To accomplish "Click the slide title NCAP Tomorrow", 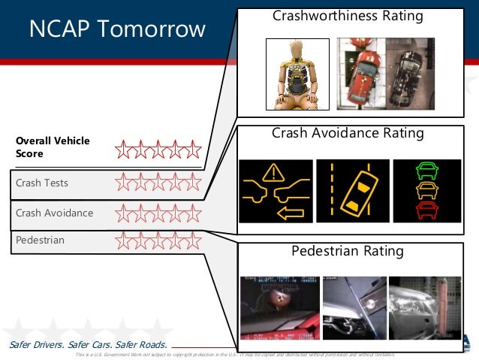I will click(116, 29).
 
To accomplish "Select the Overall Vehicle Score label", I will click(53, 147).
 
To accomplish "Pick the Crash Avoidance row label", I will click(55, 213).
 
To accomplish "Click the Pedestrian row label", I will click(40, 241).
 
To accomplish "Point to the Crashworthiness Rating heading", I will click(348, 16).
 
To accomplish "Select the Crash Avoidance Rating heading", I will click(348, 134).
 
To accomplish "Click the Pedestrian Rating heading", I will click(348, 251).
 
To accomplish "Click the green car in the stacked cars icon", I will click(426, 171).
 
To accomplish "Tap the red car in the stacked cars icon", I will click(426, 207).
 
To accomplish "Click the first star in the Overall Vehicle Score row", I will click(125, 150).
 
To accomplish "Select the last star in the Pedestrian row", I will click(193, 241).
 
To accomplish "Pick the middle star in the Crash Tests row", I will click(158, 182).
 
